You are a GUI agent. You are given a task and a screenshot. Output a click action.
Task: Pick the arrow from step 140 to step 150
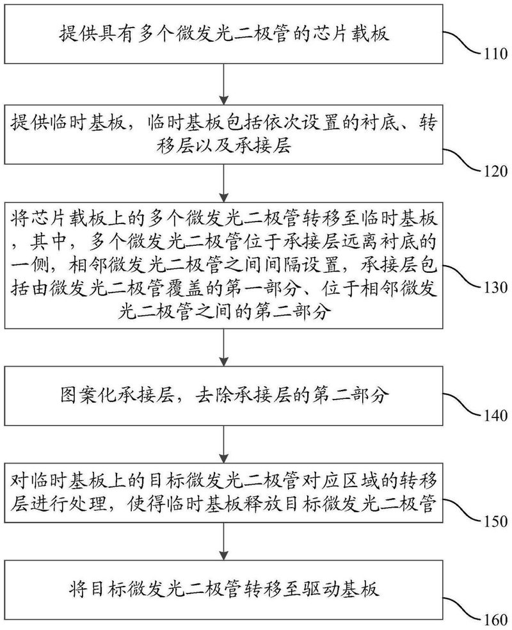223,441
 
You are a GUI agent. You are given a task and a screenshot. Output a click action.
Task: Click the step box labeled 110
223,33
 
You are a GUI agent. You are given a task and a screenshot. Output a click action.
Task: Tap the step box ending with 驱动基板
223,588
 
